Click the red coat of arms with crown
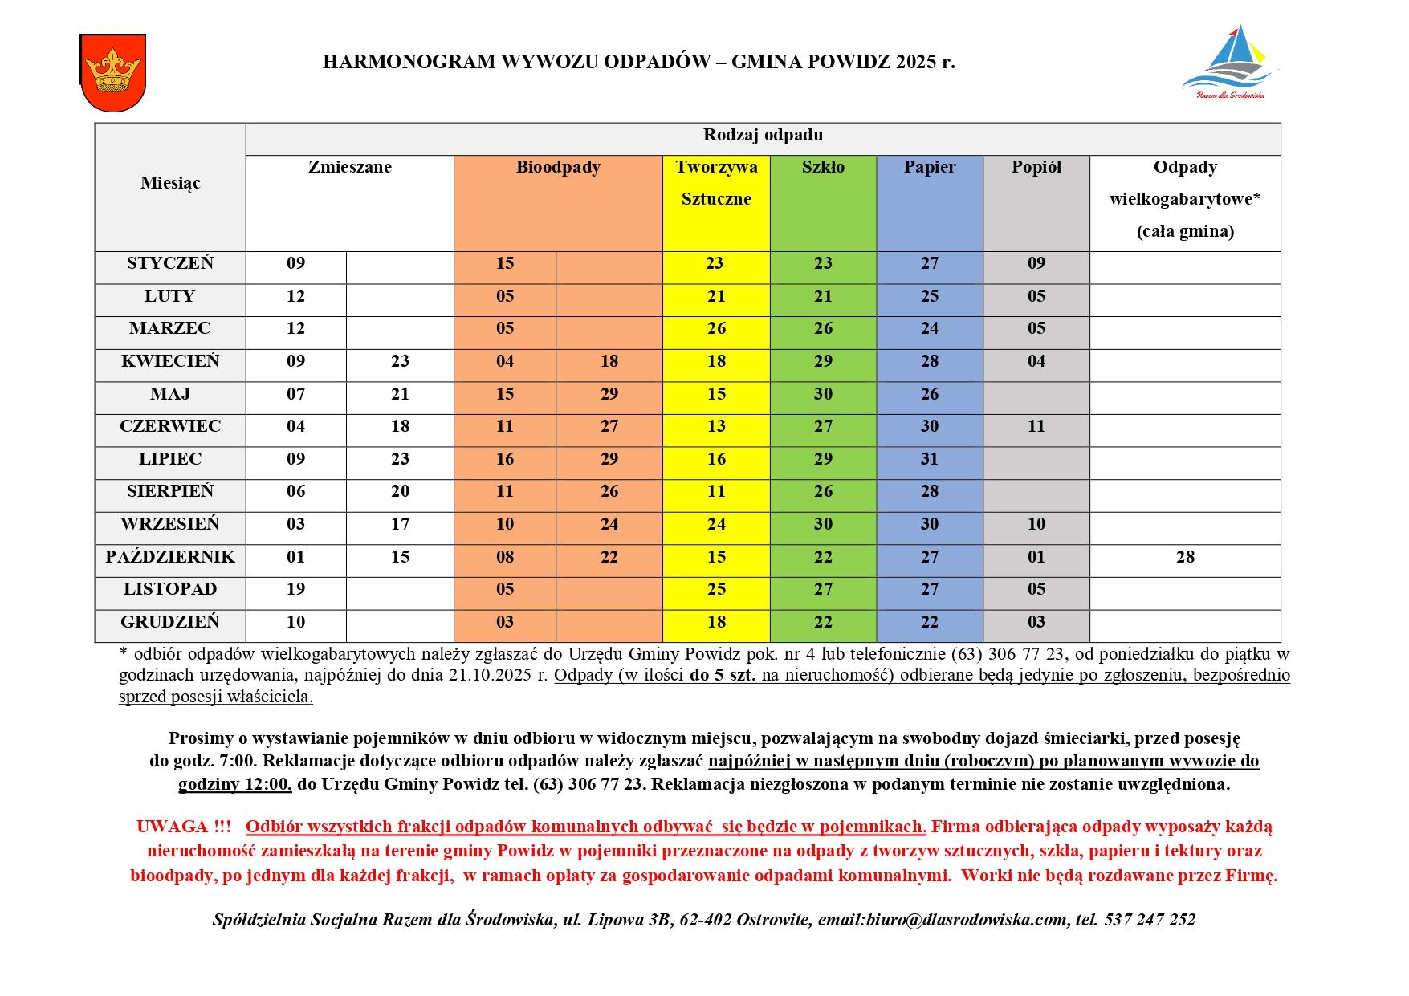coord(112,72)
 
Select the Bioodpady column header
coord(558,168)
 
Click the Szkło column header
coord(823,168)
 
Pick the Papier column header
coord(930,168)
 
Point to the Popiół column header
coord(1036,168)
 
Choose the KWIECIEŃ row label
coord(170,361)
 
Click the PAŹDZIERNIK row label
coord(170,557)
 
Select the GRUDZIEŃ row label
coord(170,622)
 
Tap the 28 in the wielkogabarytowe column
coord(1185,557)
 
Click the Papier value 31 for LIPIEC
coord(930,459)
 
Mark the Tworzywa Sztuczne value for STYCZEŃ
coord(715,263)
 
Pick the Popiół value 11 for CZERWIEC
coord(1036,426)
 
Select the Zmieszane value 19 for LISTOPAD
coord(295,589)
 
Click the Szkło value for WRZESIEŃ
coord(823,524)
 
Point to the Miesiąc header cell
coord(170,183)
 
